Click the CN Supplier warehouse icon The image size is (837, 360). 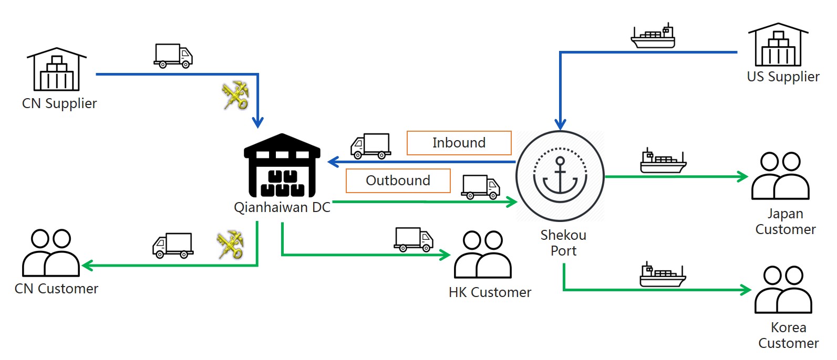pos(57,69)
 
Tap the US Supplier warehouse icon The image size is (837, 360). pos(778,45)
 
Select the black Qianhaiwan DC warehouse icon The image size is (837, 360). pos(282,166)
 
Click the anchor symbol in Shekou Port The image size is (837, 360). pos(560,175)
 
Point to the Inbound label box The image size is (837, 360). pos(459,143)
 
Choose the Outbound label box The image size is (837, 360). pos(398,181)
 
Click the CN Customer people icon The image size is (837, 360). pos(51,253)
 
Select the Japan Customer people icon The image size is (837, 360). pos(780,176)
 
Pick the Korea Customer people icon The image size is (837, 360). pos(783,290)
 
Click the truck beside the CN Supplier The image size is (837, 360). pos(173,56)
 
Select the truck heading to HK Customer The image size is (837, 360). pos(414,239)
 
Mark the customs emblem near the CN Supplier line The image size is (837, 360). pos(235,96)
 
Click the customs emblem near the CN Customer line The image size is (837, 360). pos(230,245)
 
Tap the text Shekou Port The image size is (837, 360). pos(563,243)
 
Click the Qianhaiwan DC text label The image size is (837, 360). pos(282,207)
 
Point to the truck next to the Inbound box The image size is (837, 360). pos(370,146)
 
